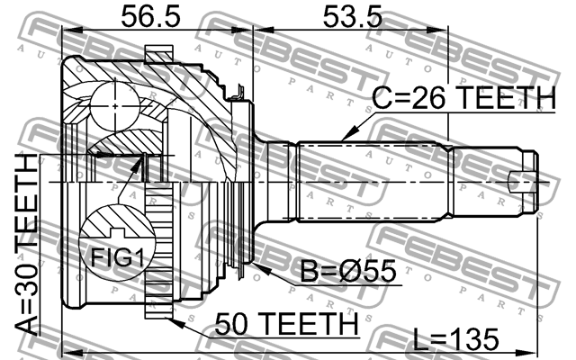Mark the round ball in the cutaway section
115,99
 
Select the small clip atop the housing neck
239,91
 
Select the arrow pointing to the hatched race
136,170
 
